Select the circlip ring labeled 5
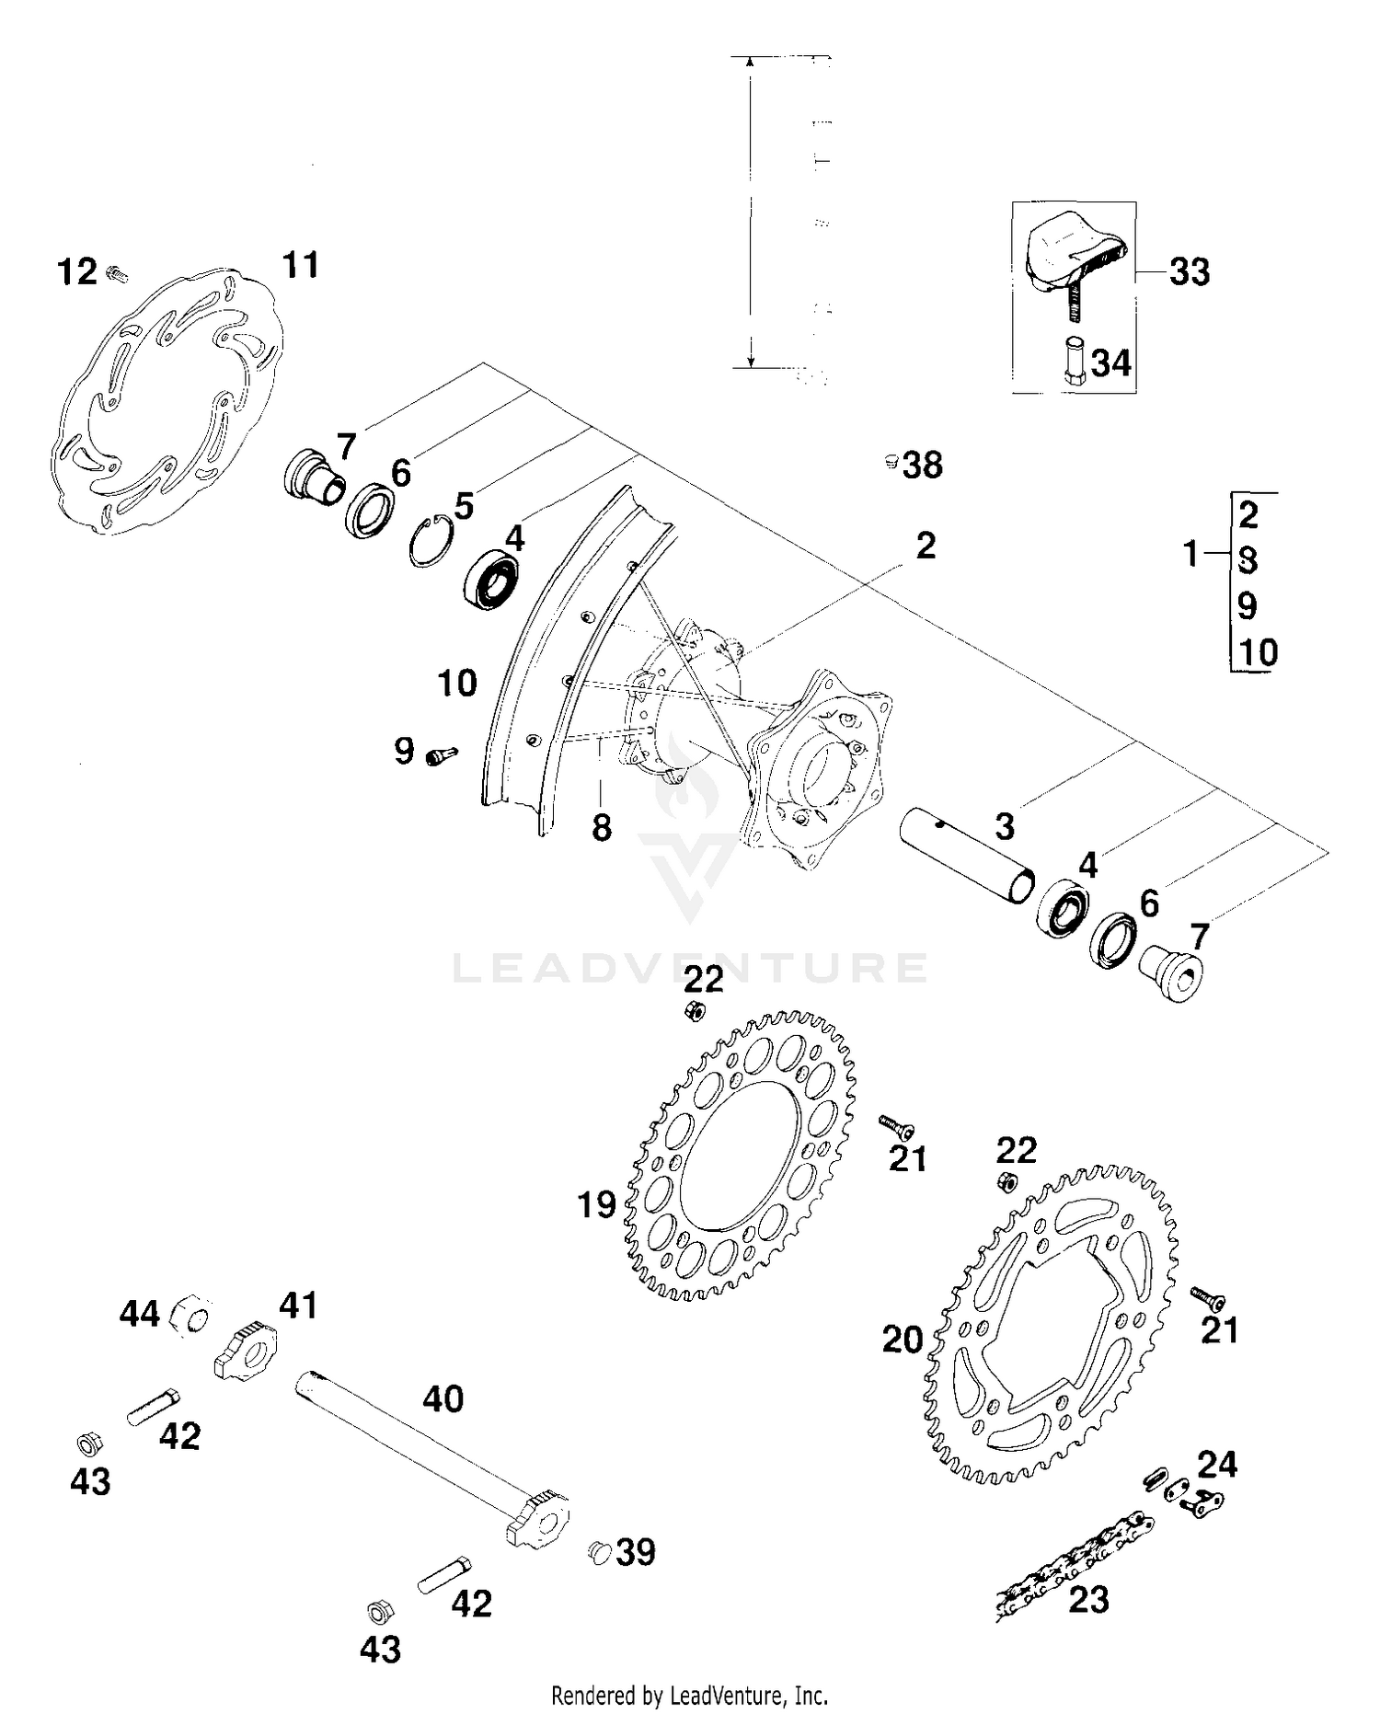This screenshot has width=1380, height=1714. point(428,543)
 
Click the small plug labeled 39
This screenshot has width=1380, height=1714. point(599,1552)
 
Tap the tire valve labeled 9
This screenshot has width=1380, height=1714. point(442,755)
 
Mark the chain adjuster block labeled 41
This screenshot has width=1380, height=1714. point(245,1350)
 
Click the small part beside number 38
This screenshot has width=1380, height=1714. point(890,461)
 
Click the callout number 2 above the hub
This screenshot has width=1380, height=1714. point(926,546)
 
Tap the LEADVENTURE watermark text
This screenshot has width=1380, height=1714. point(690,967)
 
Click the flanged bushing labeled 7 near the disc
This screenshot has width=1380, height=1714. point(313,478)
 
